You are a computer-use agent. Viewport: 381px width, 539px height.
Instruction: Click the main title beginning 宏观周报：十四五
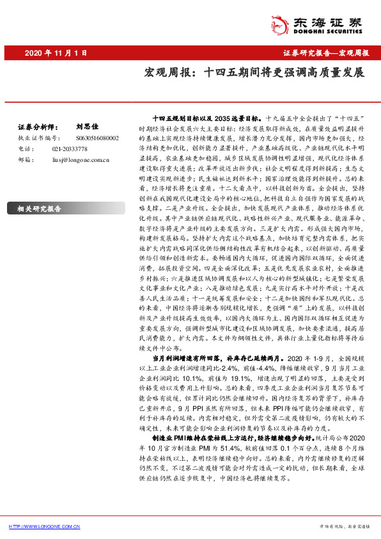254,73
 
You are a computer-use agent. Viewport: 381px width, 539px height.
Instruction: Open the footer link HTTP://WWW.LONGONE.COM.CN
45,526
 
